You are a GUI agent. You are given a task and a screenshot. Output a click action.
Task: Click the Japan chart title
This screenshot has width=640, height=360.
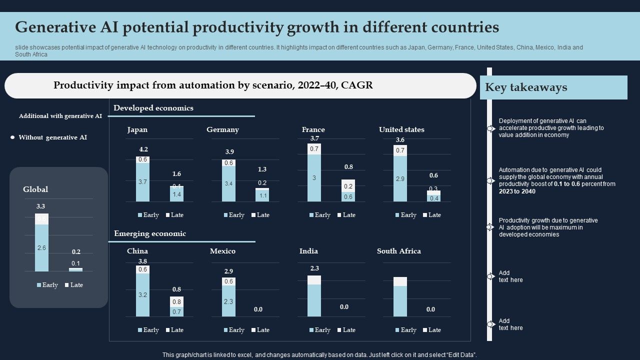click(137, 130)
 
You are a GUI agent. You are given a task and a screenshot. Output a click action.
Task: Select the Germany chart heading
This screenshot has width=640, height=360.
click(222, 130)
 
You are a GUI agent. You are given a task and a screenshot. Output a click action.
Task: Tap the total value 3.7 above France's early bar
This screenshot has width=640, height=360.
click(314, 138)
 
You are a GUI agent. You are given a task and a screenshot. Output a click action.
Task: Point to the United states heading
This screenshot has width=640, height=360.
click(401, 130)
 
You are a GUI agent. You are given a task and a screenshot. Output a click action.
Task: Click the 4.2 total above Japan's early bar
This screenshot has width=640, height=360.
click(143, 149)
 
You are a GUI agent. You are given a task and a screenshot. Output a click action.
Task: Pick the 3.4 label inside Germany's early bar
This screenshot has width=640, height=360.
click(228, 184)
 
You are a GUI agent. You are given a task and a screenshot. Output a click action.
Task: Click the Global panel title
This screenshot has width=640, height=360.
click(35, 189)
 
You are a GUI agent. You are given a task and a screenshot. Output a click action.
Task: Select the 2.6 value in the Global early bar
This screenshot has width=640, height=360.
click(41, 248)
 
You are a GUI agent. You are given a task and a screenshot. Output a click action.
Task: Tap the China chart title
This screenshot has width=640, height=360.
click(137, 251)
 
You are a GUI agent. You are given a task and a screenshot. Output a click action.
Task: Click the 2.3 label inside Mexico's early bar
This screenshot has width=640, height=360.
click(228, 301)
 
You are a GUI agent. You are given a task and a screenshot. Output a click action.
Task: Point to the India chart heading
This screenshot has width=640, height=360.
click(308, 251)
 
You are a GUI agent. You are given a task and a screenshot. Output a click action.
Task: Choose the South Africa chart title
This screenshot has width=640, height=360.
click(398, 251)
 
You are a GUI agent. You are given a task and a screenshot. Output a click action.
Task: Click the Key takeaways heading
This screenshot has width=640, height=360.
click(526, 87)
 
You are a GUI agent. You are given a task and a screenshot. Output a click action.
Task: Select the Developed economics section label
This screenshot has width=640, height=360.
click(153, 108)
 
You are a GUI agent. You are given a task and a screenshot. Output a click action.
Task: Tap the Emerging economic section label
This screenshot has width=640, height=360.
click(150, 233)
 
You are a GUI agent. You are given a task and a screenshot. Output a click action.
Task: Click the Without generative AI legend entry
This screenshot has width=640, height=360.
click(52, 137)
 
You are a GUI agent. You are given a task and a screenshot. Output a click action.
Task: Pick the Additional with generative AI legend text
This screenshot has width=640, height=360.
click(60, 116)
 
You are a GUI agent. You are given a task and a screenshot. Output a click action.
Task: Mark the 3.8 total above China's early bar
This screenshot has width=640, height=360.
click(142, 261)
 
